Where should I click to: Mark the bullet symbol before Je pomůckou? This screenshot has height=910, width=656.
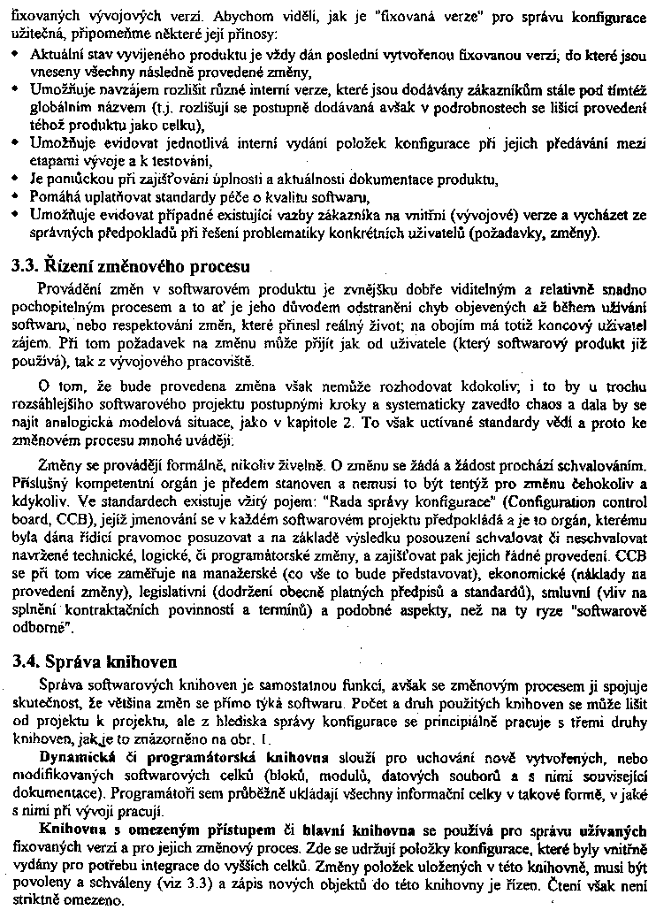tap(18, 179)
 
